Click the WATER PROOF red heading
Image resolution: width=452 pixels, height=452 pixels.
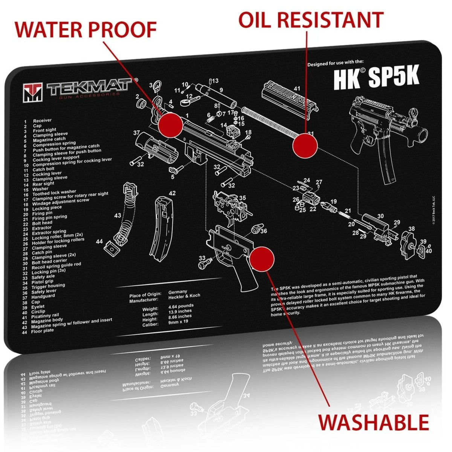coord(86,30)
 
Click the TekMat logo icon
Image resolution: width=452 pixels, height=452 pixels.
coord(33,92)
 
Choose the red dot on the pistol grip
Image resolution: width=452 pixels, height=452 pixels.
coord(262,259)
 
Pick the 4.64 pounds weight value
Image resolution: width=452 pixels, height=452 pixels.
coord(181,305)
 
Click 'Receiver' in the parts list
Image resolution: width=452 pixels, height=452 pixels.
coord(42,121)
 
